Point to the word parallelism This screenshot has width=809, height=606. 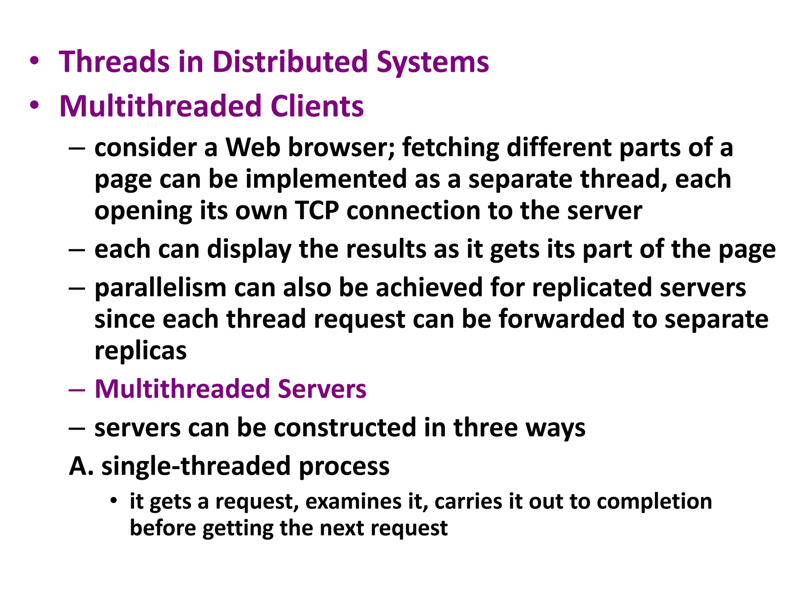(x=160, y=288)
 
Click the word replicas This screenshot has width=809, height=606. (x=140, y=351)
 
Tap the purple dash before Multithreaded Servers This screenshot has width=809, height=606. (x=77, y=389)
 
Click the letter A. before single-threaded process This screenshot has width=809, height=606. (x=81, y=466)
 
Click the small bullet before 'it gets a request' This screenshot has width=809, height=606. (x=114, y=501)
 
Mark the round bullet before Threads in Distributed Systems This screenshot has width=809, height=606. (x=34, y=61)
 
